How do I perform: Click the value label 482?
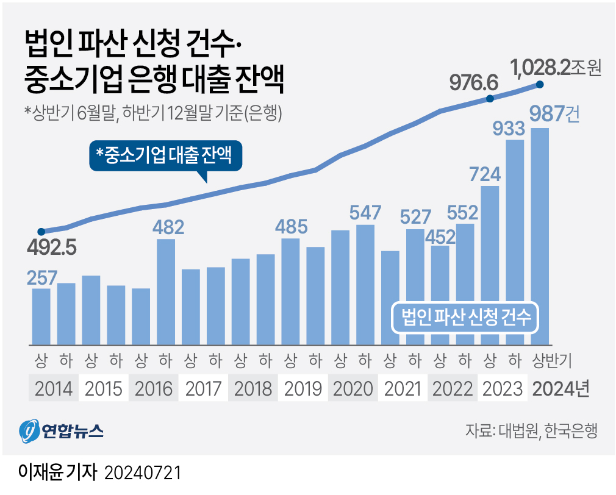pyautogui.click(x=166, y=228)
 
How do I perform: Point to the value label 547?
pyautogui.click(x=365, y=213)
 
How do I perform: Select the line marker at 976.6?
pyautogui.click(x=489, y=99)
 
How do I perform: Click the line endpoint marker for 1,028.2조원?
pyautogui.click(x=539, y=85)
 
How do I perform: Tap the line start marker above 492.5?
pyautogui.click(x=41, y=232)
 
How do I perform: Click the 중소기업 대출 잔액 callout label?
pyautogui.click(x=166, y=156)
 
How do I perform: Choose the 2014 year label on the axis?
pyautogui.click(x=54, y=388)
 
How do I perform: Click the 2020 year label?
pyautogui.click(x=353, y=388)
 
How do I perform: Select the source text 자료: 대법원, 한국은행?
pyautogui.click(x=531, y=431)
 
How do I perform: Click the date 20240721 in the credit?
pyautogui.click(x=144, y=472)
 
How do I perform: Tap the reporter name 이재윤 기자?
pyautogui.click(x=58, y=472)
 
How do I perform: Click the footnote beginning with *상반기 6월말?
pyautogui.click(x=152, y=113)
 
